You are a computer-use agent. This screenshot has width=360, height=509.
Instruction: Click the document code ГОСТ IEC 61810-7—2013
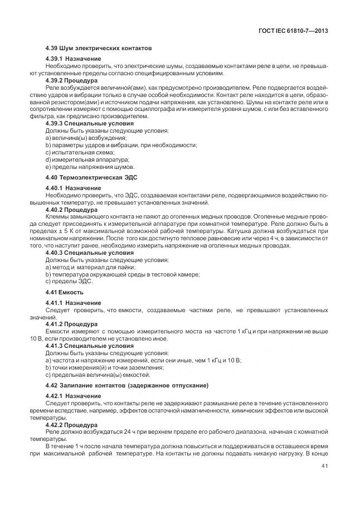pyautogui.click(x=293, y=31)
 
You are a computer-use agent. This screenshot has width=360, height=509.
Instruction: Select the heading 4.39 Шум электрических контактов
pyautogui.click(x=99, y=48)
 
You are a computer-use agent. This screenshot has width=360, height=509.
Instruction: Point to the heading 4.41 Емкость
pyautogui.click(x=65, y=292)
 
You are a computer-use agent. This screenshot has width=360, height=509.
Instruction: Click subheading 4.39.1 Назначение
pyautogui.click(x=73, y=59)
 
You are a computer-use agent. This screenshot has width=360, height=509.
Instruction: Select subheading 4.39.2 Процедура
pyautogui.click(x=71, y=80)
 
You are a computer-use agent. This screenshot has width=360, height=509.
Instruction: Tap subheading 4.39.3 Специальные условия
pyautogui.click(x=89, y=123)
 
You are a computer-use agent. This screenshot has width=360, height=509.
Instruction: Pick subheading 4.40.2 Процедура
pyautogui.click(x=71, y=210)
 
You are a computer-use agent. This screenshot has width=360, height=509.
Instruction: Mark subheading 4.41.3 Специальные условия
pyautogui.click(x=89, y=346)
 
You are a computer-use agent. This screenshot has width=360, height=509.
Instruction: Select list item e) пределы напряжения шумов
pyautogui.click(x=90, y=167)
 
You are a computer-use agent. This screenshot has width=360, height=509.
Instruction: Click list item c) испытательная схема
pyautogui.click(x=80, y=152)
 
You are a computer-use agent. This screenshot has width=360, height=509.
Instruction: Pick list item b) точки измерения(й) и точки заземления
pyautogui.click(x=104, y=368)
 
